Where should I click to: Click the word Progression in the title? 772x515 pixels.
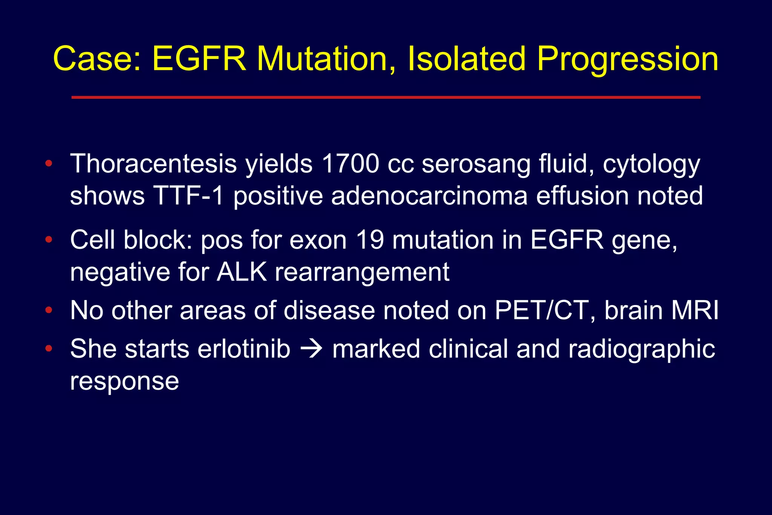pyautogui.click(x=627, y=60)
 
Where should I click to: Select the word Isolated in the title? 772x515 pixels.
pyautogui.click(x=467, y=59)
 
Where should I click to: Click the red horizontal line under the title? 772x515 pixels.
pyautogui.click(x=386, y=97)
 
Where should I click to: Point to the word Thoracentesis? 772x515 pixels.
pyautogui.click(x=153, y=164)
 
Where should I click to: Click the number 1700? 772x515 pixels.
pyautogui.click(x=350, y=164)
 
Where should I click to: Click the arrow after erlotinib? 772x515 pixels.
pyautogui.click(x=311, y=349)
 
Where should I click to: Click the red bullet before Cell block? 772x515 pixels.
pyautogui.click(x=48, y=239)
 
